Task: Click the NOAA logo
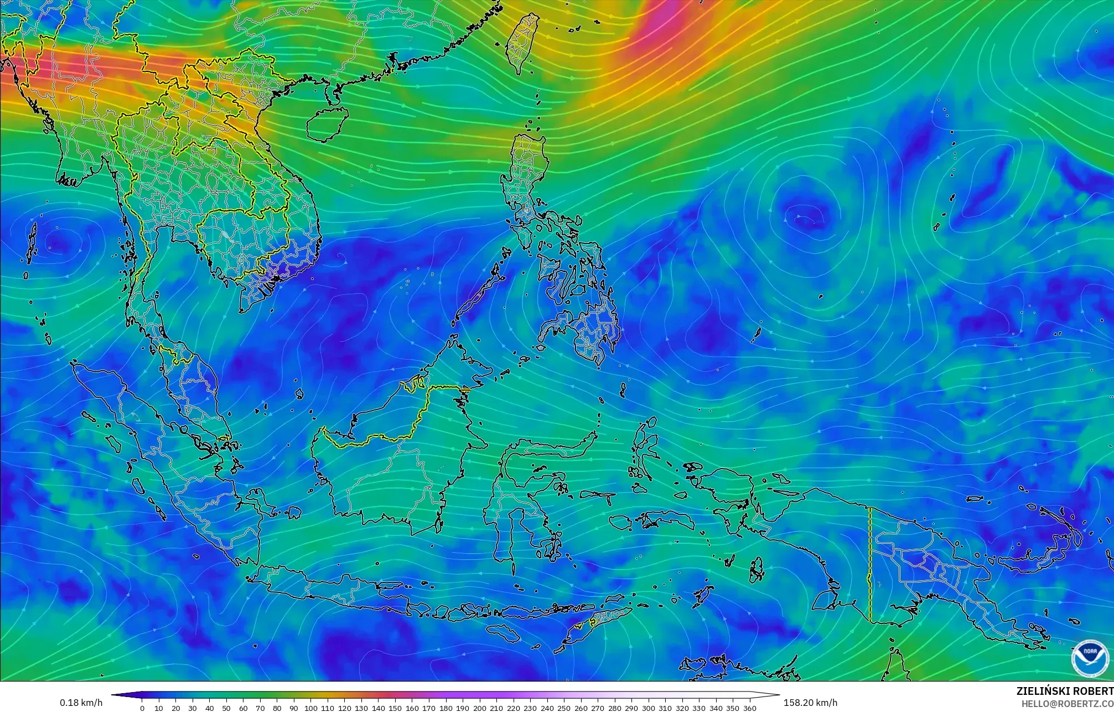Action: pyautogui.click(x=1090, y=658)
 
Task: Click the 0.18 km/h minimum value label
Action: pyautogui.click(x=81, y=703)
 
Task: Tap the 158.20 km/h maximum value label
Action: pyautogui.click(x=810, y=703)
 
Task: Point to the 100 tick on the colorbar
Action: pyautogui.click(x=311, y=708)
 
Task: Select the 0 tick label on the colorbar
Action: pyautogui.click(x=142, y=708)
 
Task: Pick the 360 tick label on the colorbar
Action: pyautogui.click(x=749, y=708)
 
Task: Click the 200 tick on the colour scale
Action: pyautogui.click(x=480, y=708)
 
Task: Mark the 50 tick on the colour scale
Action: pyautogui.click(x=226, y=708)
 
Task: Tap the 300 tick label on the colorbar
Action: pyautogui.click(x=648, y=708)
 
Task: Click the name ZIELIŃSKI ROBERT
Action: pyautogui.click(x=1065, y=691)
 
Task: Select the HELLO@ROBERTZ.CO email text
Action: pyautogui.click(x=1067, y=703)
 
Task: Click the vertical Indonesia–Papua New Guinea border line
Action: pyautogui.click(x=870, y=564)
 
